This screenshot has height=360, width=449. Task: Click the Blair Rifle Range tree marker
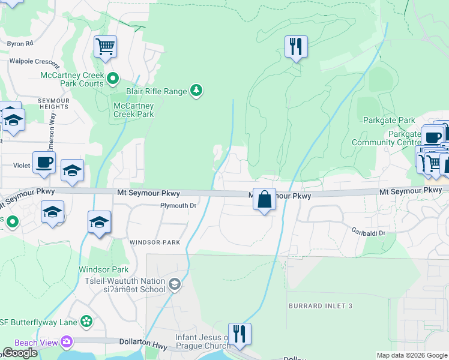pyautogui.click(x=196, y=91)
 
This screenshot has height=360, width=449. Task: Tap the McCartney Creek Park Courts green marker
pyautogui.click(x=112, y=78)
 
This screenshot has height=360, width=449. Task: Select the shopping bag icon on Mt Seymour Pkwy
pyautogui.click(x=264, y=199)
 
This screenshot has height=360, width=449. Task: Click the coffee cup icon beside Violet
pyautogui.click(x=44, y=162)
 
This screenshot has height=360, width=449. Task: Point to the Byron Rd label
pyautogui.click(x=20, y=44)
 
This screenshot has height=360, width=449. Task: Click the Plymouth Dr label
pyautogui.click(x=178, y=206)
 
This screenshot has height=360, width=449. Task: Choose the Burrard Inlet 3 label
pyautogui.click(x=319, y=306)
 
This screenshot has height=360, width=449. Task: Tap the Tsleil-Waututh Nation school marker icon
pyautogui.click(x=174, y=284)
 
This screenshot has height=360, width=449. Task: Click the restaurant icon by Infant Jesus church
pyautogui.click(x=240, y=334)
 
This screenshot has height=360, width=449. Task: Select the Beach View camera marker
pyautogui.click(x=66, y=342)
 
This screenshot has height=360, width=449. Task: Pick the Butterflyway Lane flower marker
pyautogui.click(x=86, y=322)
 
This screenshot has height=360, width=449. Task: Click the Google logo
pyautogui.click(x=20, y=353)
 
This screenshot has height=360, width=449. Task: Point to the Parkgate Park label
pyautogui.click(x=389, y=120)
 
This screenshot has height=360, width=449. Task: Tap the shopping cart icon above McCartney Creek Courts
pyautogui.click(x=105, y=46)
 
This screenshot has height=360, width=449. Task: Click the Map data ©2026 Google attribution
pyautogui.click(x=412, y=355)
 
